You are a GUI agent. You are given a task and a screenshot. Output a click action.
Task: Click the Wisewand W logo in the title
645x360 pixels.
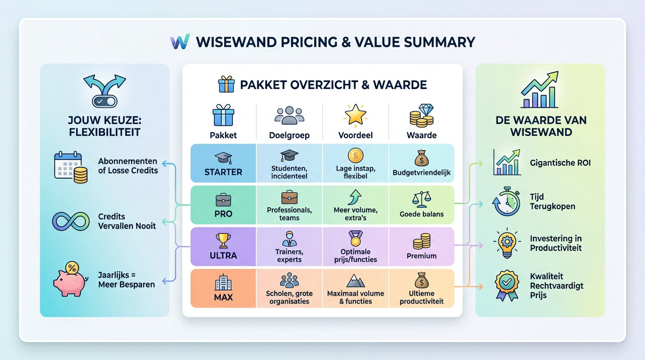pos(180,41)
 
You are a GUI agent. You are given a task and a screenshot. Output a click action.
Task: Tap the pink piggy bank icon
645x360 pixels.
pos(70,283)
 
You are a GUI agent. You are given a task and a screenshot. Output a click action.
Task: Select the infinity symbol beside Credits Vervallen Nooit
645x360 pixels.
pos(71,221)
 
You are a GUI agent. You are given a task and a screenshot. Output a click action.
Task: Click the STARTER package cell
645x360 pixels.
pos(223,163)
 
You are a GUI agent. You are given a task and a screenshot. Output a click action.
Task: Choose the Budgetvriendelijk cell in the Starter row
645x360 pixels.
pos(421,163)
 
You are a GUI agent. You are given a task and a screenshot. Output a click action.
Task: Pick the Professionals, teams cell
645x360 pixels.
pos(289,205)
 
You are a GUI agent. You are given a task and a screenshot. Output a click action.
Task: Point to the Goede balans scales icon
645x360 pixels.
pos(421,199)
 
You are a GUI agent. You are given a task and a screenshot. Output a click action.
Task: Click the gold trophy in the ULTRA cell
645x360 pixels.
pos(223,240)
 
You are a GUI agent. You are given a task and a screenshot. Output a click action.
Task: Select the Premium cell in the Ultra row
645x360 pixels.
pos(421,247)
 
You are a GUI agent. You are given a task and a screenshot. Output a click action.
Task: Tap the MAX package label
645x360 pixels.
pos(223,297)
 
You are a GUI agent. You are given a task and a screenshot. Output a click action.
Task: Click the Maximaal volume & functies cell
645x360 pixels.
pos(355,288)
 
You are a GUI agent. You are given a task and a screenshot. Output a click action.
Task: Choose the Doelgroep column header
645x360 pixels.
pos(289,135)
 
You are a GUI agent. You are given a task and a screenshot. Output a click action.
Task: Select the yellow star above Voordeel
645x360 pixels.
pos(355,115)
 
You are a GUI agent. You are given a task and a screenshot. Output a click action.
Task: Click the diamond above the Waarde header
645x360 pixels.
pos(426,110)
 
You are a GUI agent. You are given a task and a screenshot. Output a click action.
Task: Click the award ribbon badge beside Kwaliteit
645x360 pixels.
pos(507,285)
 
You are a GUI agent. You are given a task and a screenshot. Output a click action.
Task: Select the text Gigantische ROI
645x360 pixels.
pos(560,163)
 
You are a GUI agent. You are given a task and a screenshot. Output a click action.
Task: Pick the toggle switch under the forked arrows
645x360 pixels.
pos(105,101)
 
